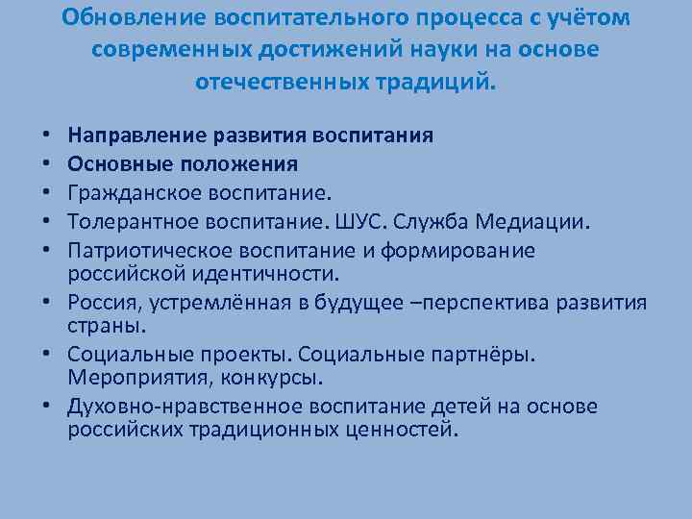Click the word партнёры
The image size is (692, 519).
tap(477, 353)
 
